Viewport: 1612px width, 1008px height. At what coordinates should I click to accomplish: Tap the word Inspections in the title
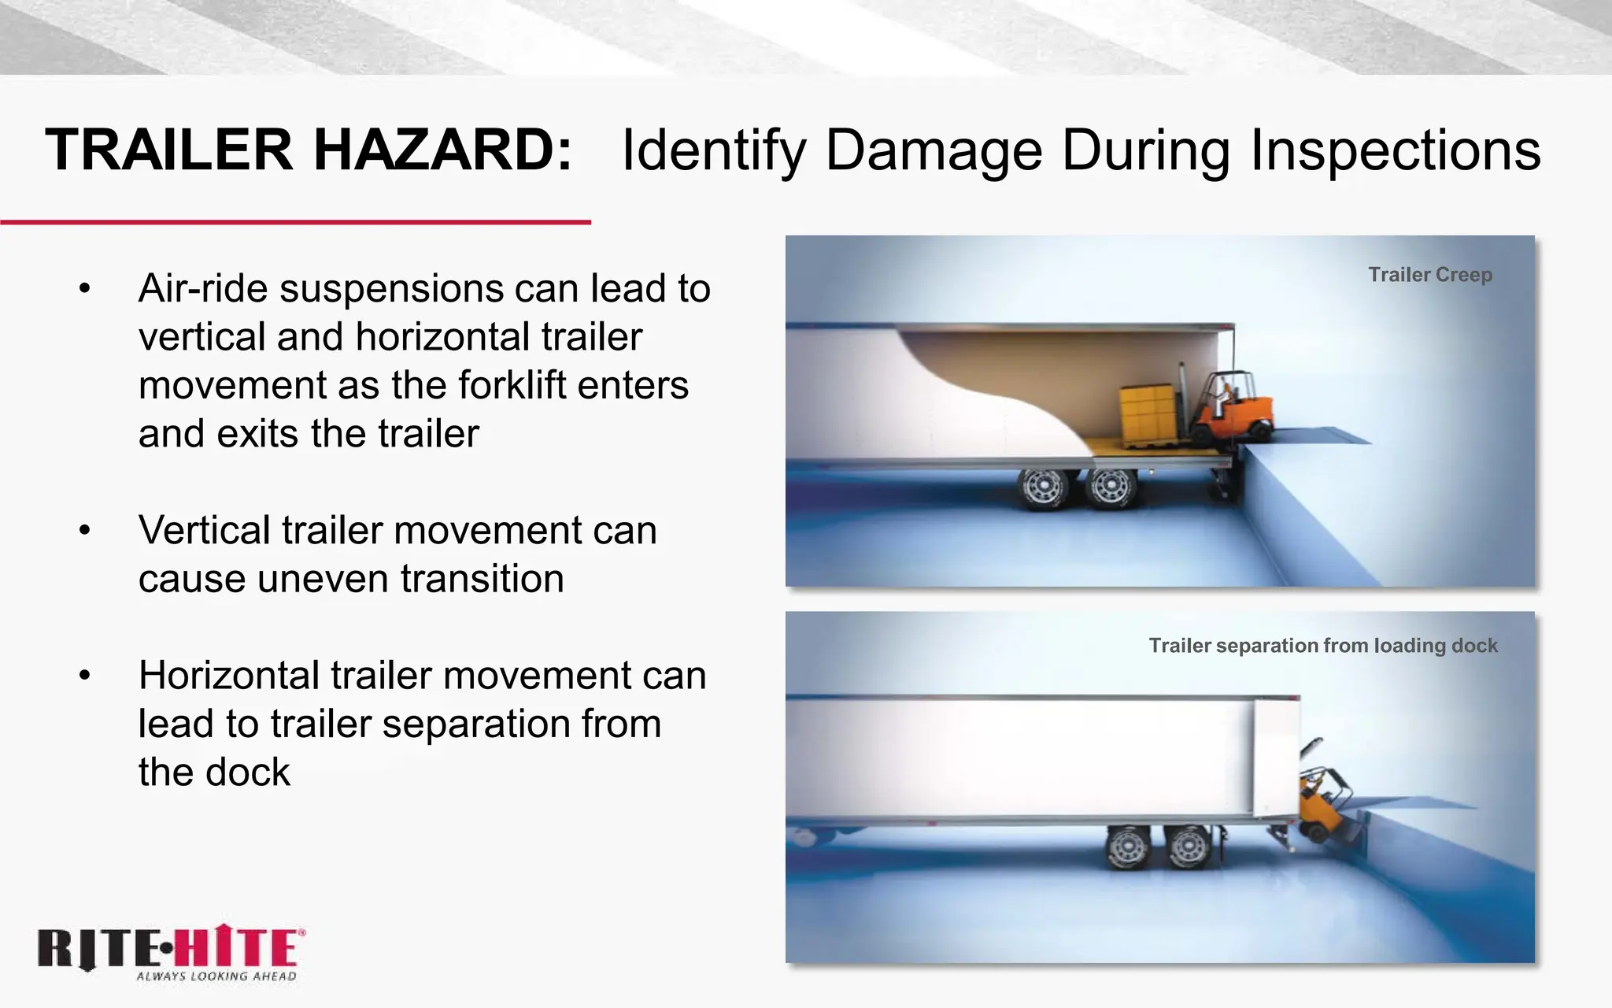click(x=1396, y=151)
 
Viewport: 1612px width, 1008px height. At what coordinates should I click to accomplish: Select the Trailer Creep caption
click(x=1429, y=275)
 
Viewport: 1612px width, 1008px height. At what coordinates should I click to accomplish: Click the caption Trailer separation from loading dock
click(x=1322, y=646)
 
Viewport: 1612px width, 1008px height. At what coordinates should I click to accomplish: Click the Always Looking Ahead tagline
click(x=216, y=976)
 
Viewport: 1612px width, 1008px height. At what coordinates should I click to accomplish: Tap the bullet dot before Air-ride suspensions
click(x=85, y=289)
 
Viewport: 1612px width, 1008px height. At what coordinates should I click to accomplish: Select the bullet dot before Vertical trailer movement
click(x=85, y=531)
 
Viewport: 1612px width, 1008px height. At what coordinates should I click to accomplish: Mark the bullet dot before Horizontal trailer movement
click(x=85, y=676)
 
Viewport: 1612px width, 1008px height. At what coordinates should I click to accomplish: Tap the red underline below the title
click(x=295, y=223)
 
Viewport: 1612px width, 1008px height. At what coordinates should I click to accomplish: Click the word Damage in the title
click(x=934, y=151)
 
